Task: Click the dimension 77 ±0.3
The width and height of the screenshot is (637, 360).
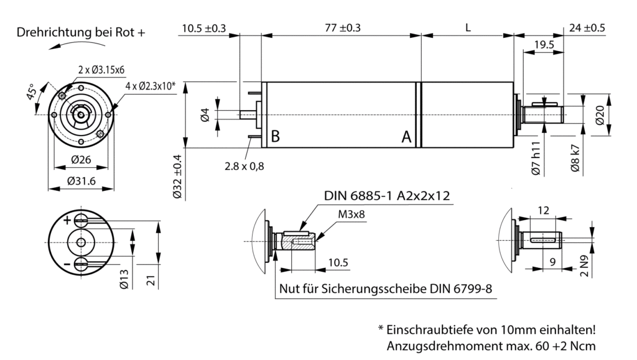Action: point(342,28)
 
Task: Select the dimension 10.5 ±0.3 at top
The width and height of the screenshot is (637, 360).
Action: point(204,28)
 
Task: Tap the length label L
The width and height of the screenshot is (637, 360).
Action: point(468,28)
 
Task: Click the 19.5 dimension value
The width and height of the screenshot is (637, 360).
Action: point(544,45)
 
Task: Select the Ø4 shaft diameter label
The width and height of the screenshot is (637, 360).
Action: point(205,115)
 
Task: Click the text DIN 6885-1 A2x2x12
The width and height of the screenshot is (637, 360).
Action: point(387,196)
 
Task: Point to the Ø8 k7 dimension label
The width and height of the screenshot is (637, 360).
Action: point(576,157)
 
